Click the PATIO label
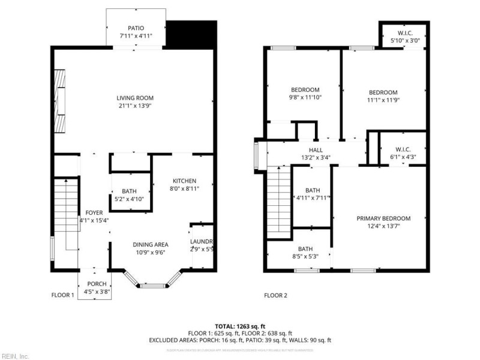click(x=136, y=28)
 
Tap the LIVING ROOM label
click(x=135, y=98)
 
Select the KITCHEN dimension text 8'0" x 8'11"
click(x=185, y=188)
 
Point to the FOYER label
click(x=94, y=212)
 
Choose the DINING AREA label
click(x=150, y=244)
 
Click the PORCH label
click(x=97, y=284)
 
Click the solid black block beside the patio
click(x=191, y=35)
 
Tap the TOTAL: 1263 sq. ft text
click(x=240, y=326)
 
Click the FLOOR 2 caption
click(x=276, y=295)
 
